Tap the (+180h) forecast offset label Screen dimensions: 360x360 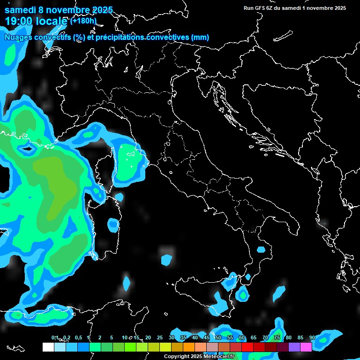coord(83,21)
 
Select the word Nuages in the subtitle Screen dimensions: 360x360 coord(18,37)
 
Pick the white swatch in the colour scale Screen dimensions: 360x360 coord(48,347)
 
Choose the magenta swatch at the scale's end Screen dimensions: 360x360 coord(306,347)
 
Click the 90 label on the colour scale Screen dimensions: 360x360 coord(312,338)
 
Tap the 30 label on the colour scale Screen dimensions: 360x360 coord(171,338)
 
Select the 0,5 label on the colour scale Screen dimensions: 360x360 coord(78,338)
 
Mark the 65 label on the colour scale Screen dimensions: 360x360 coord(254,338)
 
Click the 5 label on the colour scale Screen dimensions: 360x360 coord(112,338)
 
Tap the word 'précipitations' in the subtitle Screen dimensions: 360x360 coord(121,37)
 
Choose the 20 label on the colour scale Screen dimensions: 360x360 coord(148,338)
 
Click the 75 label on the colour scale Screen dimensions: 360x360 coord(277,338)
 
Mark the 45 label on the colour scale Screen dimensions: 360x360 coord(206,338)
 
